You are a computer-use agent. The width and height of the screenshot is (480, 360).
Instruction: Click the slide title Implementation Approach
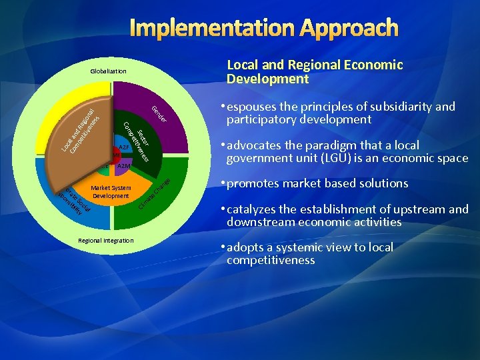click(x=265, y=28)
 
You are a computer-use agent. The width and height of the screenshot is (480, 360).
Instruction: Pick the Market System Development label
click(x=111, y=192)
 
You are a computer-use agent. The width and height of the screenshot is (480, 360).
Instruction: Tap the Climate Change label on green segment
click(x=155, y=194)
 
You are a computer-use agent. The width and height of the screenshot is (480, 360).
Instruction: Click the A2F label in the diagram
click(x=123, y=147)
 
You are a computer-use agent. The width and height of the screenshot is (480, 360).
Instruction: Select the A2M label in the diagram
click(x=124, y=165)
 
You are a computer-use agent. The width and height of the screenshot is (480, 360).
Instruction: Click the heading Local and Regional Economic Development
click(x=315, y=72)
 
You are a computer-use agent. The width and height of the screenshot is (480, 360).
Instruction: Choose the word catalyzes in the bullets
click(x=252, y=209)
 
